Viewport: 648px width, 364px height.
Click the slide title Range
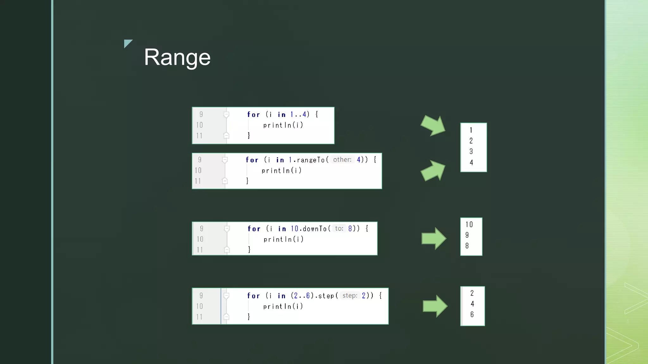(177, 57)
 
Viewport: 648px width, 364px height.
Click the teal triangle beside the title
(127, 43)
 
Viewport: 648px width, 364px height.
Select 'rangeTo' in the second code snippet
(311, 160)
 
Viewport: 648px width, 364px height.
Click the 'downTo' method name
(315, 229)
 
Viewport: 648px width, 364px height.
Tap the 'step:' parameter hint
(350, 296)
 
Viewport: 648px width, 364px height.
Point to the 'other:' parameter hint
(342, 160)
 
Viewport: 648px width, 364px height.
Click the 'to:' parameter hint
(339, 228)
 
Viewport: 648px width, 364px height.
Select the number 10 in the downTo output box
(469, 225)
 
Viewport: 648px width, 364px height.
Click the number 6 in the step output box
(472, 314)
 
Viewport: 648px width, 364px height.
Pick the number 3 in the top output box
(471, 152)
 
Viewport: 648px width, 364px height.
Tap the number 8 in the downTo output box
(467, 246)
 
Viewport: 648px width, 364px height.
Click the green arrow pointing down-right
(433, 125)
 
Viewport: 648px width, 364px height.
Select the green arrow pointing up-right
(433, 171)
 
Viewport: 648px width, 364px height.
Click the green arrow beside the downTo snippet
(434, 239)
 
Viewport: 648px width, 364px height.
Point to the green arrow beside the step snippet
(435, 306)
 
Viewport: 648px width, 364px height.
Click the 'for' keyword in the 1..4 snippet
(253, 115)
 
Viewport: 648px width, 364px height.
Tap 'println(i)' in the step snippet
(283, 306)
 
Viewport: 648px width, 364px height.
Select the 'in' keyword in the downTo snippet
(282, 229)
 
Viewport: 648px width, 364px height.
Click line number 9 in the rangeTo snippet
(200, 160)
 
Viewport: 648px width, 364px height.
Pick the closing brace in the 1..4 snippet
(249, 136)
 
